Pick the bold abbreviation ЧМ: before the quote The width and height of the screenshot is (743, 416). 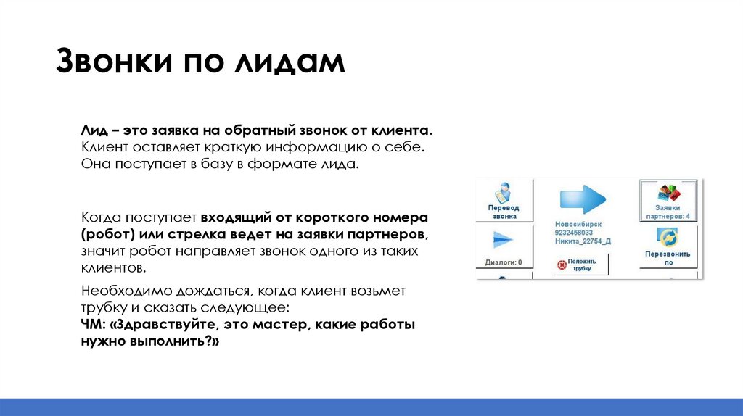pos(92,325)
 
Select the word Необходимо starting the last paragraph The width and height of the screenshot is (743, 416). pos(118,291)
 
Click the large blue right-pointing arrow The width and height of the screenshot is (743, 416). pos(584,199)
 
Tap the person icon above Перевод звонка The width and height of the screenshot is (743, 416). pos(504,194)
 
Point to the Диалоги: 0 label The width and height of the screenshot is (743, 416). pos(504,262)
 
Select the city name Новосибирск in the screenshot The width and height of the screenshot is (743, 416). pos(578,225)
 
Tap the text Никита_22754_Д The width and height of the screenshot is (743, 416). pos(583,241)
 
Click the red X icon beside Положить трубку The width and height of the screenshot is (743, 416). pos(559,265)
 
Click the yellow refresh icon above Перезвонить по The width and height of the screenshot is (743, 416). pos(667,238)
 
